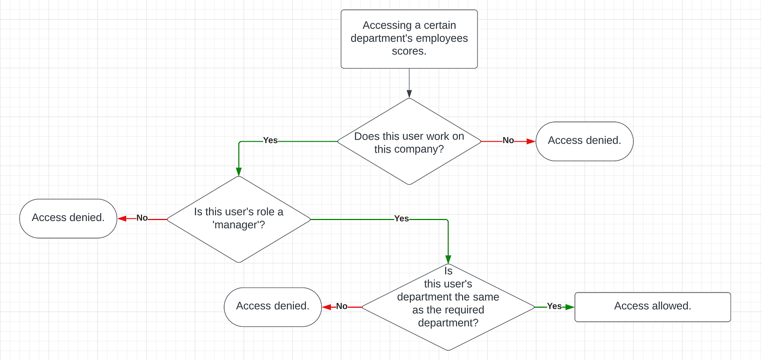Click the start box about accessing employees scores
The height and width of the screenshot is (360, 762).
coord(409,39)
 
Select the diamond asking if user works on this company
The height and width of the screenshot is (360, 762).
coord(409,142)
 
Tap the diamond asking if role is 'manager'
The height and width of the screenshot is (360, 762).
coord(238,219)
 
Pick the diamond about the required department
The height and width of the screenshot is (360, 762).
coord(448,307)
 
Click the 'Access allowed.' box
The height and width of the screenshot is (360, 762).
coord(652,307)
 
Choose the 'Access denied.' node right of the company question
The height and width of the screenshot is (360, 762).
coord(584,141)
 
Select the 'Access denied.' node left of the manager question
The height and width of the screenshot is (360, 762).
coord(68,218)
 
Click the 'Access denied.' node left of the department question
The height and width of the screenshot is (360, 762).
coord(273,307)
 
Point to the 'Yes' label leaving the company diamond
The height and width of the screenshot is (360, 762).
coord(271,141)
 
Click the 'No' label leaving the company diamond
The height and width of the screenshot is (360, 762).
coord(508,141)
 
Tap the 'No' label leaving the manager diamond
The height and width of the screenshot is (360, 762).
coord(142,218)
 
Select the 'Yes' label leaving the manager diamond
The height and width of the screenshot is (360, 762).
coord(401,218)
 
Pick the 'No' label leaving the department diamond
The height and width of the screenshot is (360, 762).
coord(342,307)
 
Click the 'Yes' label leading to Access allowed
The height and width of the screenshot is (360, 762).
coord(554,307)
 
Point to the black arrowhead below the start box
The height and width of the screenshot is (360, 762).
coord(409,94)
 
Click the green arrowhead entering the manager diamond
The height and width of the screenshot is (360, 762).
coord(238,172)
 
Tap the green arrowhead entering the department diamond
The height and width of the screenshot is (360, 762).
coord(448,259)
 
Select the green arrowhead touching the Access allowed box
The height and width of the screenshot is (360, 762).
coord(570,307)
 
